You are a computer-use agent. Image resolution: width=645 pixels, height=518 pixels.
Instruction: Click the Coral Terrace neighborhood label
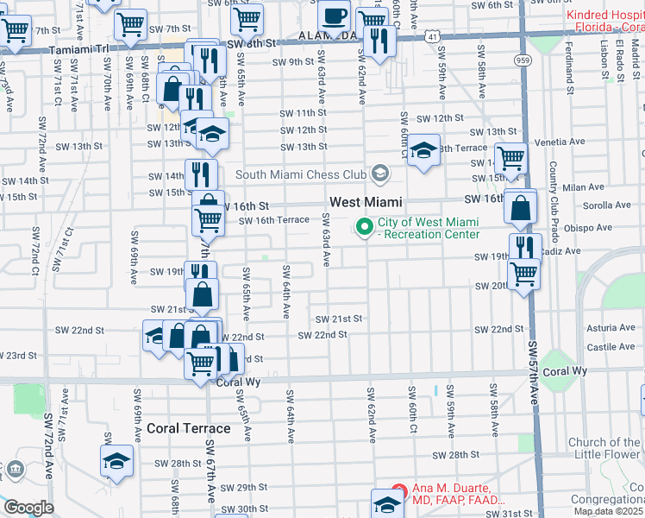pos(188,428)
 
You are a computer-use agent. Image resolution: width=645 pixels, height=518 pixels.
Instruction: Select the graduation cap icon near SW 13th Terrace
pos(423,151)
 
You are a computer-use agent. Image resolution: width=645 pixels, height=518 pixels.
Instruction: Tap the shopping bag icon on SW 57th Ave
pos(522,208)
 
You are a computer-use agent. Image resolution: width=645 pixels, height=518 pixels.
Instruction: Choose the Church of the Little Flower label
pos(604,448)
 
